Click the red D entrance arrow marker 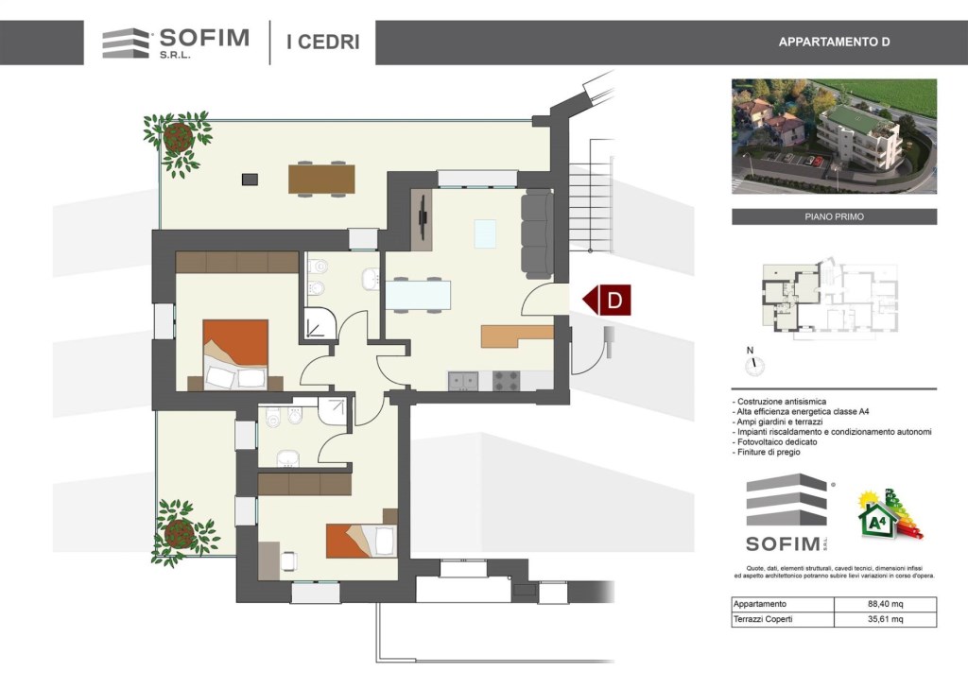coord(608,300)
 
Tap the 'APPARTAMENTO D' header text coord(834,42)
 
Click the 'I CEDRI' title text coord(323,42)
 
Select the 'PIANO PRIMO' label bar coord(834,216)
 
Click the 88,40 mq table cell coord(885,604)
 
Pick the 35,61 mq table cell coord(885,619)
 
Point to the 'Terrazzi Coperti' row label coord(763,619)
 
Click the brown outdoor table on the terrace coord(321,179)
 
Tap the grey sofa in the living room coord(537,233)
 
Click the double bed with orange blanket coord(235,354)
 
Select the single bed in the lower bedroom coord(361,541)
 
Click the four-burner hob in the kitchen coord(507,380)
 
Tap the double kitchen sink coord(463,380)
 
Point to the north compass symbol coord(753,363)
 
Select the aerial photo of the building coord(834,136)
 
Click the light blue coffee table coord(485,233)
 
